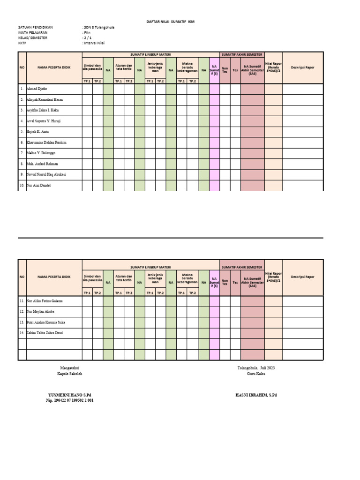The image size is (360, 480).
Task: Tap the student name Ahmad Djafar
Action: pos(37,89)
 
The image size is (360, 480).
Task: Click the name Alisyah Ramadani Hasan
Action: pos(45,99)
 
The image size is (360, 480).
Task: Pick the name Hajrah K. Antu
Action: pos(37,132)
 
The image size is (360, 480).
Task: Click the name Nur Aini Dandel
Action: pos(38,185)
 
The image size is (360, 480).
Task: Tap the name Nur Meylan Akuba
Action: pos(42,311)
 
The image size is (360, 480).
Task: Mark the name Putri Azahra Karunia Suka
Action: pos(49,322)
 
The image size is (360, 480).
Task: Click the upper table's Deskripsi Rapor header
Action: pos(303,67)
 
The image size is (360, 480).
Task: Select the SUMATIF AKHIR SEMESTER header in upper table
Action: pos(242,54)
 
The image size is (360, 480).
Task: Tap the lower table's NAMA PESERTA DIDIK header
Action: pos(54,277)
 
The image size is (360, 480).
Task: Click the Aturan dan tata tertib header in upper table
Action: pos(124,67)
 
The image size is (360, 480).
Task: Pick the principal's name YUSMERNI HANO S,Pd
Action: pos(69,395)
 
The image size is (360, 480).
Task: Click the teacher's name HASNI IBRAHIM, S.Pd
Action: pos(256,395)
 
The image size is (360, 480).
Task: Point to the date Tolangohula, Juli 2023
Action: pos(256,368)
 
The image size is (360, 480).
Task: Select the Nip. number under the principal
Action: pos(69,401)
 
